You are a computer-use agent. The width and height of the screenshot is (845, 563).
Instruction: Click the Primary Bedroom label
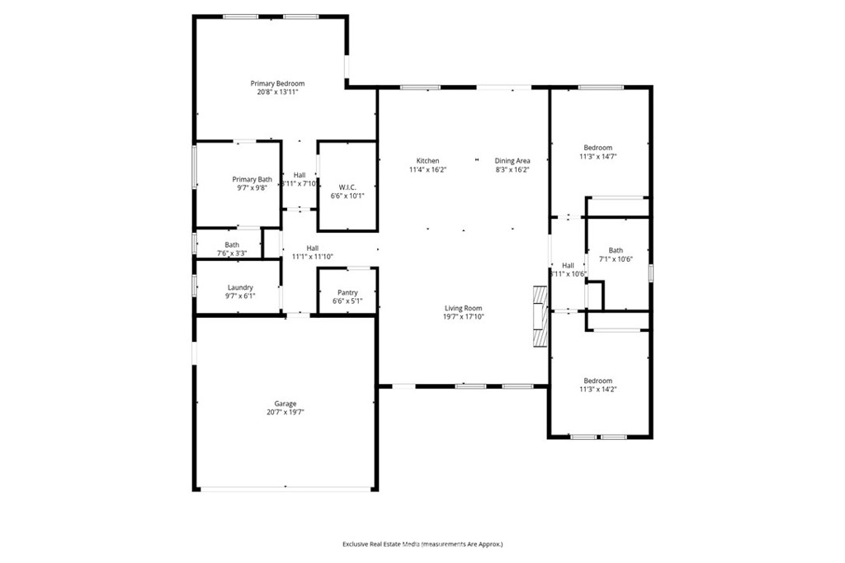point(277,83)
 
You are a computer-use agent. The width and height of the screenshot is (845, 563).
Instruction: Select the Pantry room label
point(347,292)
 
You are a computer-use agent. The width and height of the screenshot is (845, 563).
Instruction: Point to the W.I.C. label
point(347,186)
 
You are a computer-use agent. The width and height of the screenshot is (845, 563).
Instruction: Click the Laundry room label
point(240,287)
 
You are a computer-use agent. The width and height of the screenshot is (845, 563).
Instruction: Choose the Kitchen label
point(427,160)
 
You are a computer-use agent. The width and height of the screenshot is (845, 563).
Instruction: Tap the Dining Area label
point(512,160)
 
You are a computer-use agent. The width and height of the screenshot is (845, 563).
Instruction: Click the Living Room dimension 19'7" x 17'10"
point(463,317)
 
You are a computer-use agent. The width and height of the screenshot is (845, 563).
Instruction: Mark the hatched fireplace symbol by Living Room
point(540,317)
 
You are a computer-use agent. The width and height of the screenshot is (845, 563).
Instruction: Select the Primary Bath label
point(252,179)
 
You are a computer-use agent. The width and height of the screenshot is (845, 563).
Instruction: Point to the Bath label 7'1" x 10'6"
point(616,250)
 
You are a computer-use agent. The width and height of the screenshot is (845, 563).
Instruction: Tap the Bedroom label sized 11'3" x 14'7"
point(598,148)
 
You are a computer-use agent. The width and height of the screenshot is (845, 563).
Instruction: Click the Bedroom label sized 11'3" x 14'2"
point(598,381)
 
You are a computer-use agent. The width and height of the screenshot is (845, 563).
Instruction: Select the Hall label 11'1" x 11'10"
point(313,248)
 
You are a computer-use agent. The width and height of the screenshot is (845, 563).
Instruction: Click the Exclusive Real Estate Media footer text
point(422,544)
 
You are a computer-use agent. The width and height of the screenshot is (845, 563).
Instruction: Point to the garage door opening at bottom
point(286,490)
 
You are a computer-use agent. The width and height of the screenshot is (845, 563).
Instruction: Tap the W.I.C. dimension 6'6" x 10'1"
point(347,196)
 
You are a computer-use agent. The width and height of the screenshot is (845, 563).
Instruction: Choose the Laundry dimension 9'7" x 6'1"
point(240,296)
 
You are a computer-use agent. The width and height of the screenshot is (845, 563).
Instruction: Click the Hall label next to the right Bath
point(568,265)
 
